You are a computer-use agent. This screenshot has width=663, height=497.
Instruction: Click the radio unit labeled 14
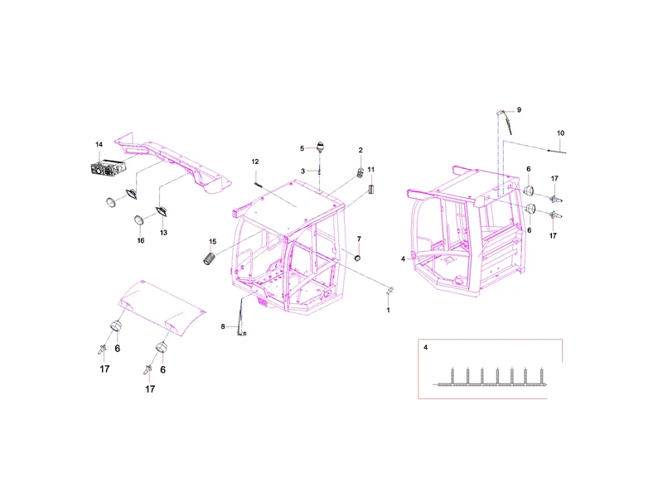[x=108, y=168]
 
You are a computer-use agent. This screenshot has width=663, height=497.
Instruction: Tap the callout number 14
[x=99, y=144]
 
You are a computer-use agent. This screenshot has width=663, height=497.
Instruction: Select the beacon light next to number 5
[x=320, y=147]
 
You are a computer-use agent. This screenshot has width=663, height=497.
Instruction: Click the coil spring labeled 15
[x=210, y=258]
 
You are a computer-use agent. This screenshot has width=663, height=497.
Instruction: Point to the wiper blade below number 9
[x=507, y=125]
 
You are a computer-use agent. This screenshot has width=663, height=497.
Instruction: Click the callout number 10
[x=560, y=133]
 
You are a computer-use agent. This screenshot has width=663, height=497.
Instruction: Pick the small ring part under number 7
[x=358, y=258]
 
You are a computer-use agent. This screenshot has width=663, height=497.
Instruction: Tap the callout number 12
[x=255, y=162]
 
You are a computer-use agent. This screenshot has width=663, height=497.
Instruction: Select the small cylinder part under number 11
[x=371, y=189]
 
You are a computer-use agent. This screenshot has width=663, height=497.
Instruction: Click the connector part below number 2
[x=361, y=173]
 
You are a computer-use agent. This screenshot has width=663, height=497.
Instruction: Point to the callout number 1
[x=388, y=310]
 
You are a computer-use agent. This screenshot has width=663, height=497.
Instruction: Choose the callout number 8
[x=223, y=326]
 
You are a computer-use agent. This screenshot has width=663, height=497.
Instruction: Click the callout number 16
[x=141, y=240]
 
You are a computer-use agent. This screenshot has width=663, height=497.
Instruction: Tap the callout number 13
[x=163, y=233]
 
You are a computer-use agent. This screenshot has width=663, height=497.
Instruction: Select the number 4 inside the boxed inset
[x=425, y=347]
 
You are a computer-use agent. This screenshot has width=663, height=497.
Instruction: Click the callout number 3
[x=302, y=171]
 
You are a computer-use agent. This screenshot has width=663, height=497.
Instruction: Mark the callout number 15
[x=213, y=242]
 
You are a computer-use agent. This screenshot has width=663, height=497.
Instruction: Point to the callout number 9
[x=519, y=110]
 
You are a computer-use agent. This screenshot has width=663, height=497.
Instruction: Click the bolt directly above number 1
[x=390, y=291]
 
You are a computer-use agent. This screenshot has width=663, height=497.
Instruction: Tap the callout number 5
[x=302, y=148]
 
